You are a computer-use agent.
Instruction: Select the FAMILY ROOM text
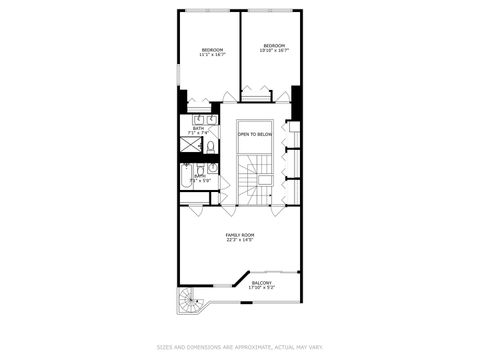(x=239, y=236)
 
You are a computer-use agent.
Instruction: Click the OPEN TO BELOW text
(x=254, y=134)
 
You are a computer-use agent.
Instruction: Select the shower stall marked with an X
(x=189, y=145)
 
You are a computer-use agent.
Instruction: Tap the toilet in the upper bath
(x=210, y=146)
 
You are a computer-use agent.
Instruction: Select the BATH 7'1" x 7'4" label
(x=197, y=129)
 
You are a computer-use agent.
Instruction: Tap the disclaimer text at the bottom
(x=239, y=347)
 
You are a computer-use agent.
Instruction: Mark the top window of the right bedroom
(x=271, y=11)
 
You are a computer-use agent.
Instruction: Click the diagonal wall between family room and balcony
(x=240, y=278)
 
